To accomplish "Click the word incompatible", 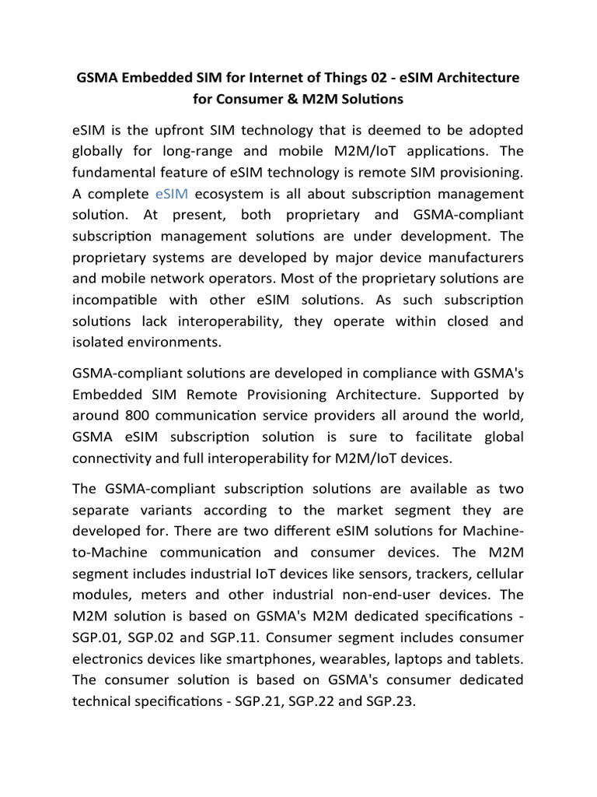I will tap(111, 300).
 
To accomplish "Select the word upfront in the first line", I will tap(163, 128).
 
